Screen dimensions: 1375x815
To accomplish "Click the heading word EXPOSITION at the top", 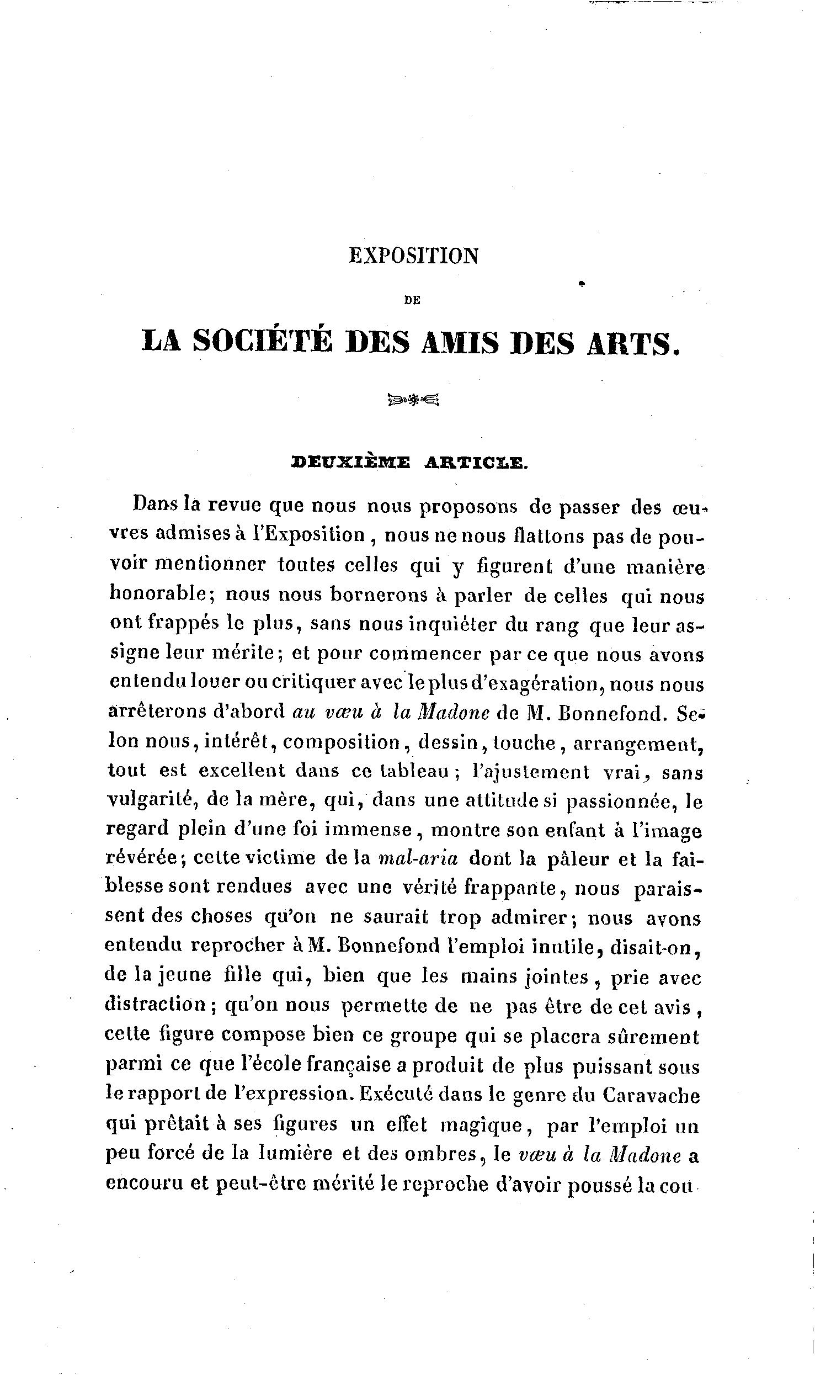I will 413,256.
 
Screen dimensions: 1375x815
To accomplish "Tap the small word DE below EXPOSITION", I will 412,300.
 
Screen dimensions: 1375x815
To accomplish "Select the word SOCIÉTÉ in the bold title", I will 263,341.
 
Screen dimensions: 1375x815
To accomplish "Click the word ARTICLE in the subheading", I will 476,463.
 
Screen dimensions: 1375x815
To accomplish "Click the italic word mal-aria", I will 418,858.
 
